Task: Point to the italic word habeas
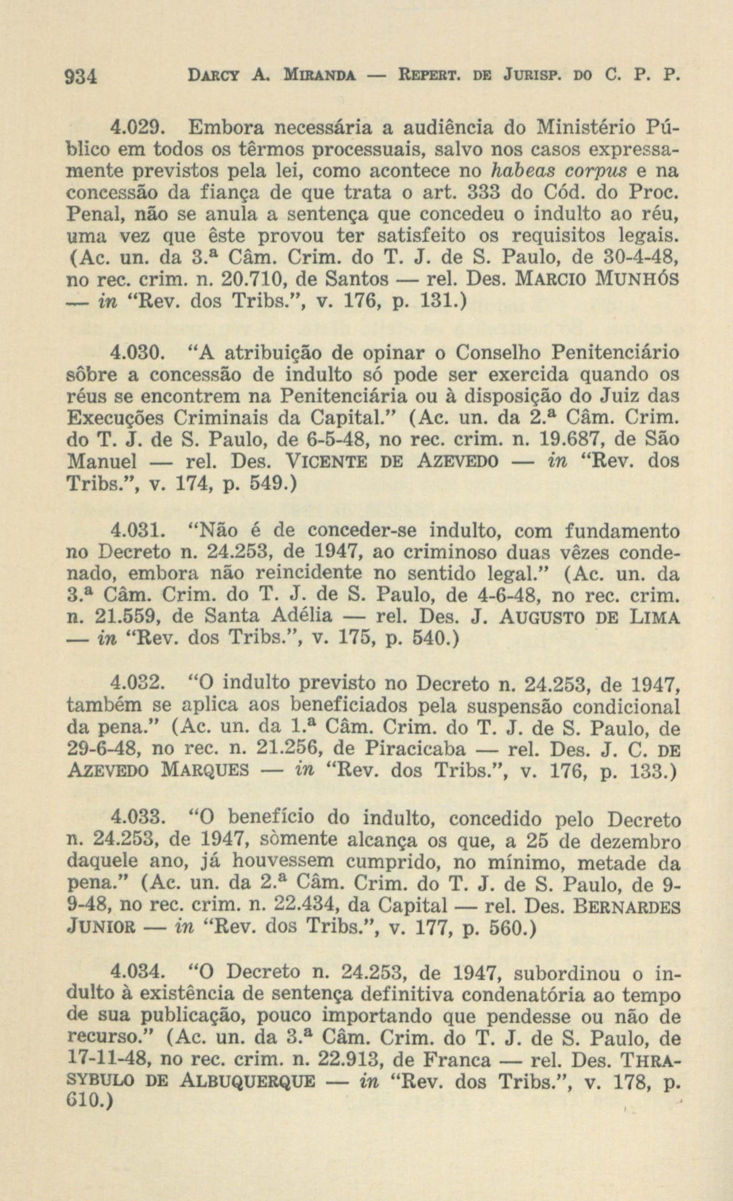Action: pos(523,171)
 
